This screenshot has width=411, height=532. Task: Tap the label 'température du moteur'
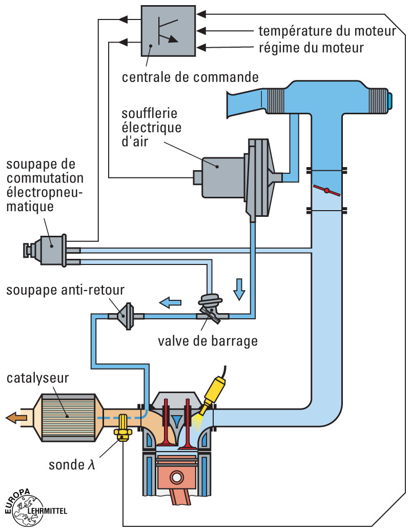327,31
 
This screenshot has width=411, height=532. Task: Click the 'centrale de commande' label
190,77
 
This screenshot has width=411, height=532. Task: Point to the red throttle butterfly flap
326,191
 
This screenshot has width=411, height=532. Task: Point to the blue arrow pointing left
170,303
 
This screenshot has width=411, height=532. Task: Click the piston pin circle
177,477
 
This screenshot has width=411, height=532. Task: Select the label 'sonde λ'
72,465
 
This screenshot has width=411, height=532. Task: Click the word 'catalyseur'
38,378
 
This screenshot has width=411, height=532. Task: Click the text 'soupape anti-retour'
65,290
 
